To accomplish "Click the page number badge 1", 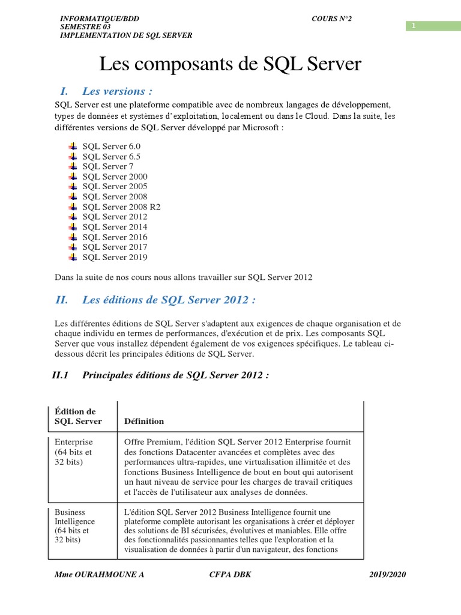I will click(x=414, y=25).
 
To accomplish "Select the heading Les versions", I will click(x=117, y=91).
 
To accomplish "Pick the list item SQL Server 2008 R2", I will click(x=121, y=207).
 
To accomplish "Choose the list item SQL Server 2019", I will click(x=115, y=257).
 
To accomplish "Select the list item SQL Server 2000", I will click(x=115, y=177).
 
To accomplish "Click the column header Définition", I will click(x=144, y=421).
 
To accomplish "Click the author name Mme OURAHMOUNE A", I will click(x=99, y=575).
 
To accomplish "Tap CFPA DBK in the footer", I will click(x=227, y=575).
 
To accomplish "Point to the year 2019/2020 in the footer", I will click(x=387, y=575).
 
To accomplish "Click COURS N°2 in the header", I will click(x=331, y=19).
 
